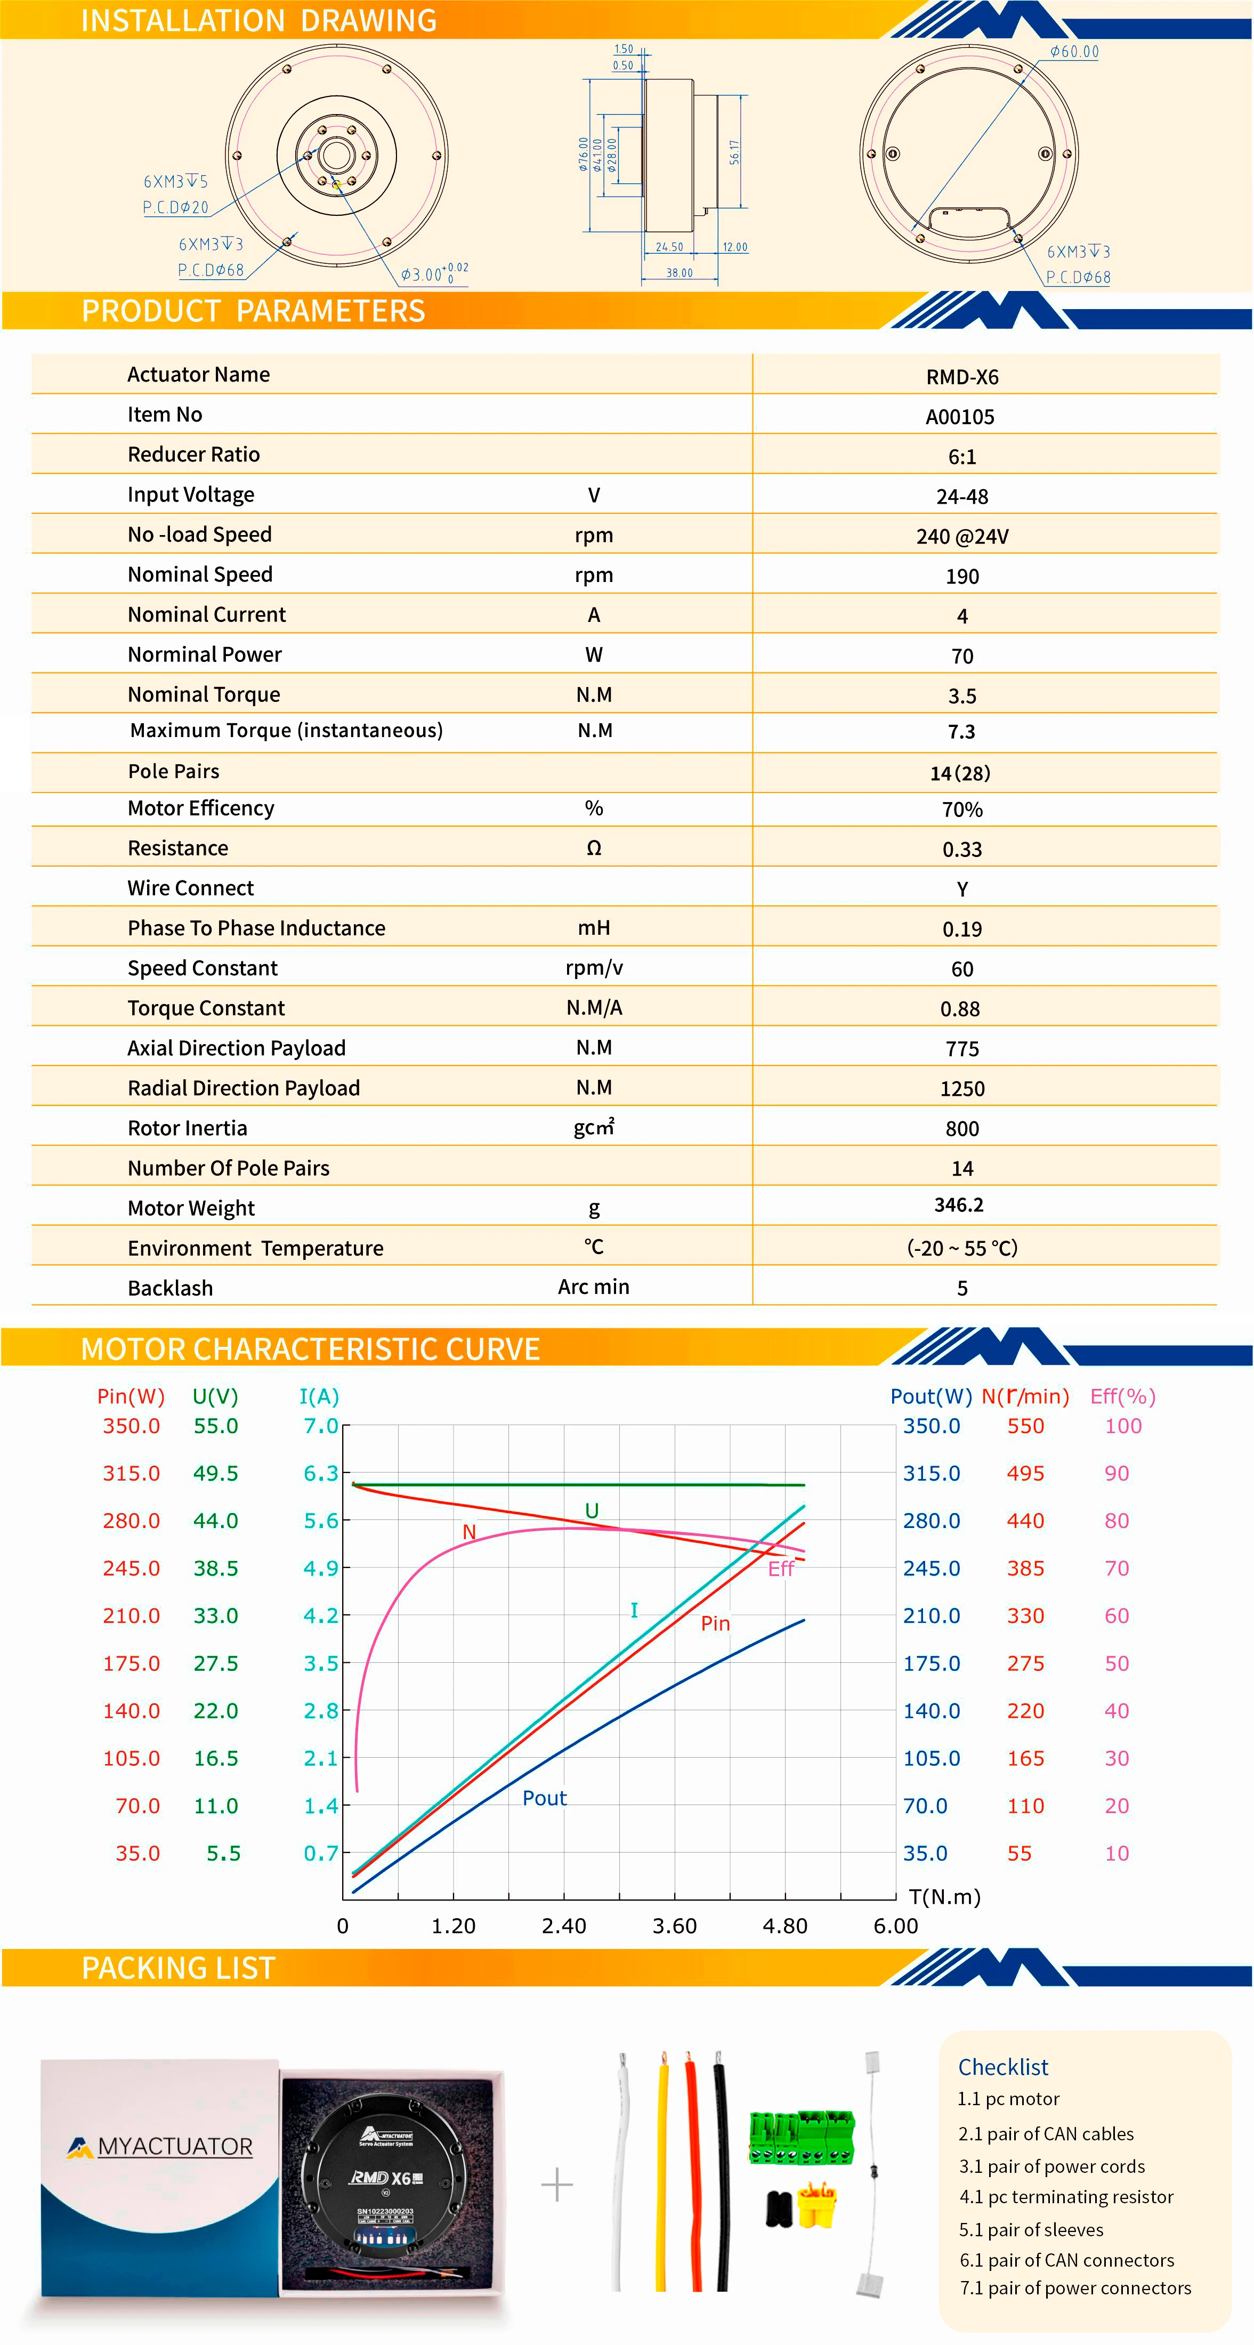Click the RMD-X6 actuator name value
(x=962, y=377)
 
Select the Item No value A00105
(x=960, y=417)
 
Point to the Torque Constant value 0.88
(x=960, y=1009)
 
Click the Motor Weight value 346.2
(x=959, y=1204)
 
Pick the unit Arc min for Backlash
(x=593, y=1287)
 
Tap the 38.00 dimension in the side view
(x=679, y=272)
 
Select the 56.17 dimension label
(x=734, y=152)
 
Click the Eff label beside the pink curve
(x=781, y=1568)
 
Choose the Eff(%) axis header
(x=1123, y=1396)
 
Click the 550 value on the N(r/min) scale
(x=1025, y=1427)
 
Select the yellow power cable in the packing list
(x=661, y=2176)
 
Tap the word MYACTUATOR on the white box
(x=175, y=2147)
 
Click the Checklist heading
(x=1003, y=2067)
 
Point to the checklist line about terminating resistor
(x=1066, y=2197)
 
